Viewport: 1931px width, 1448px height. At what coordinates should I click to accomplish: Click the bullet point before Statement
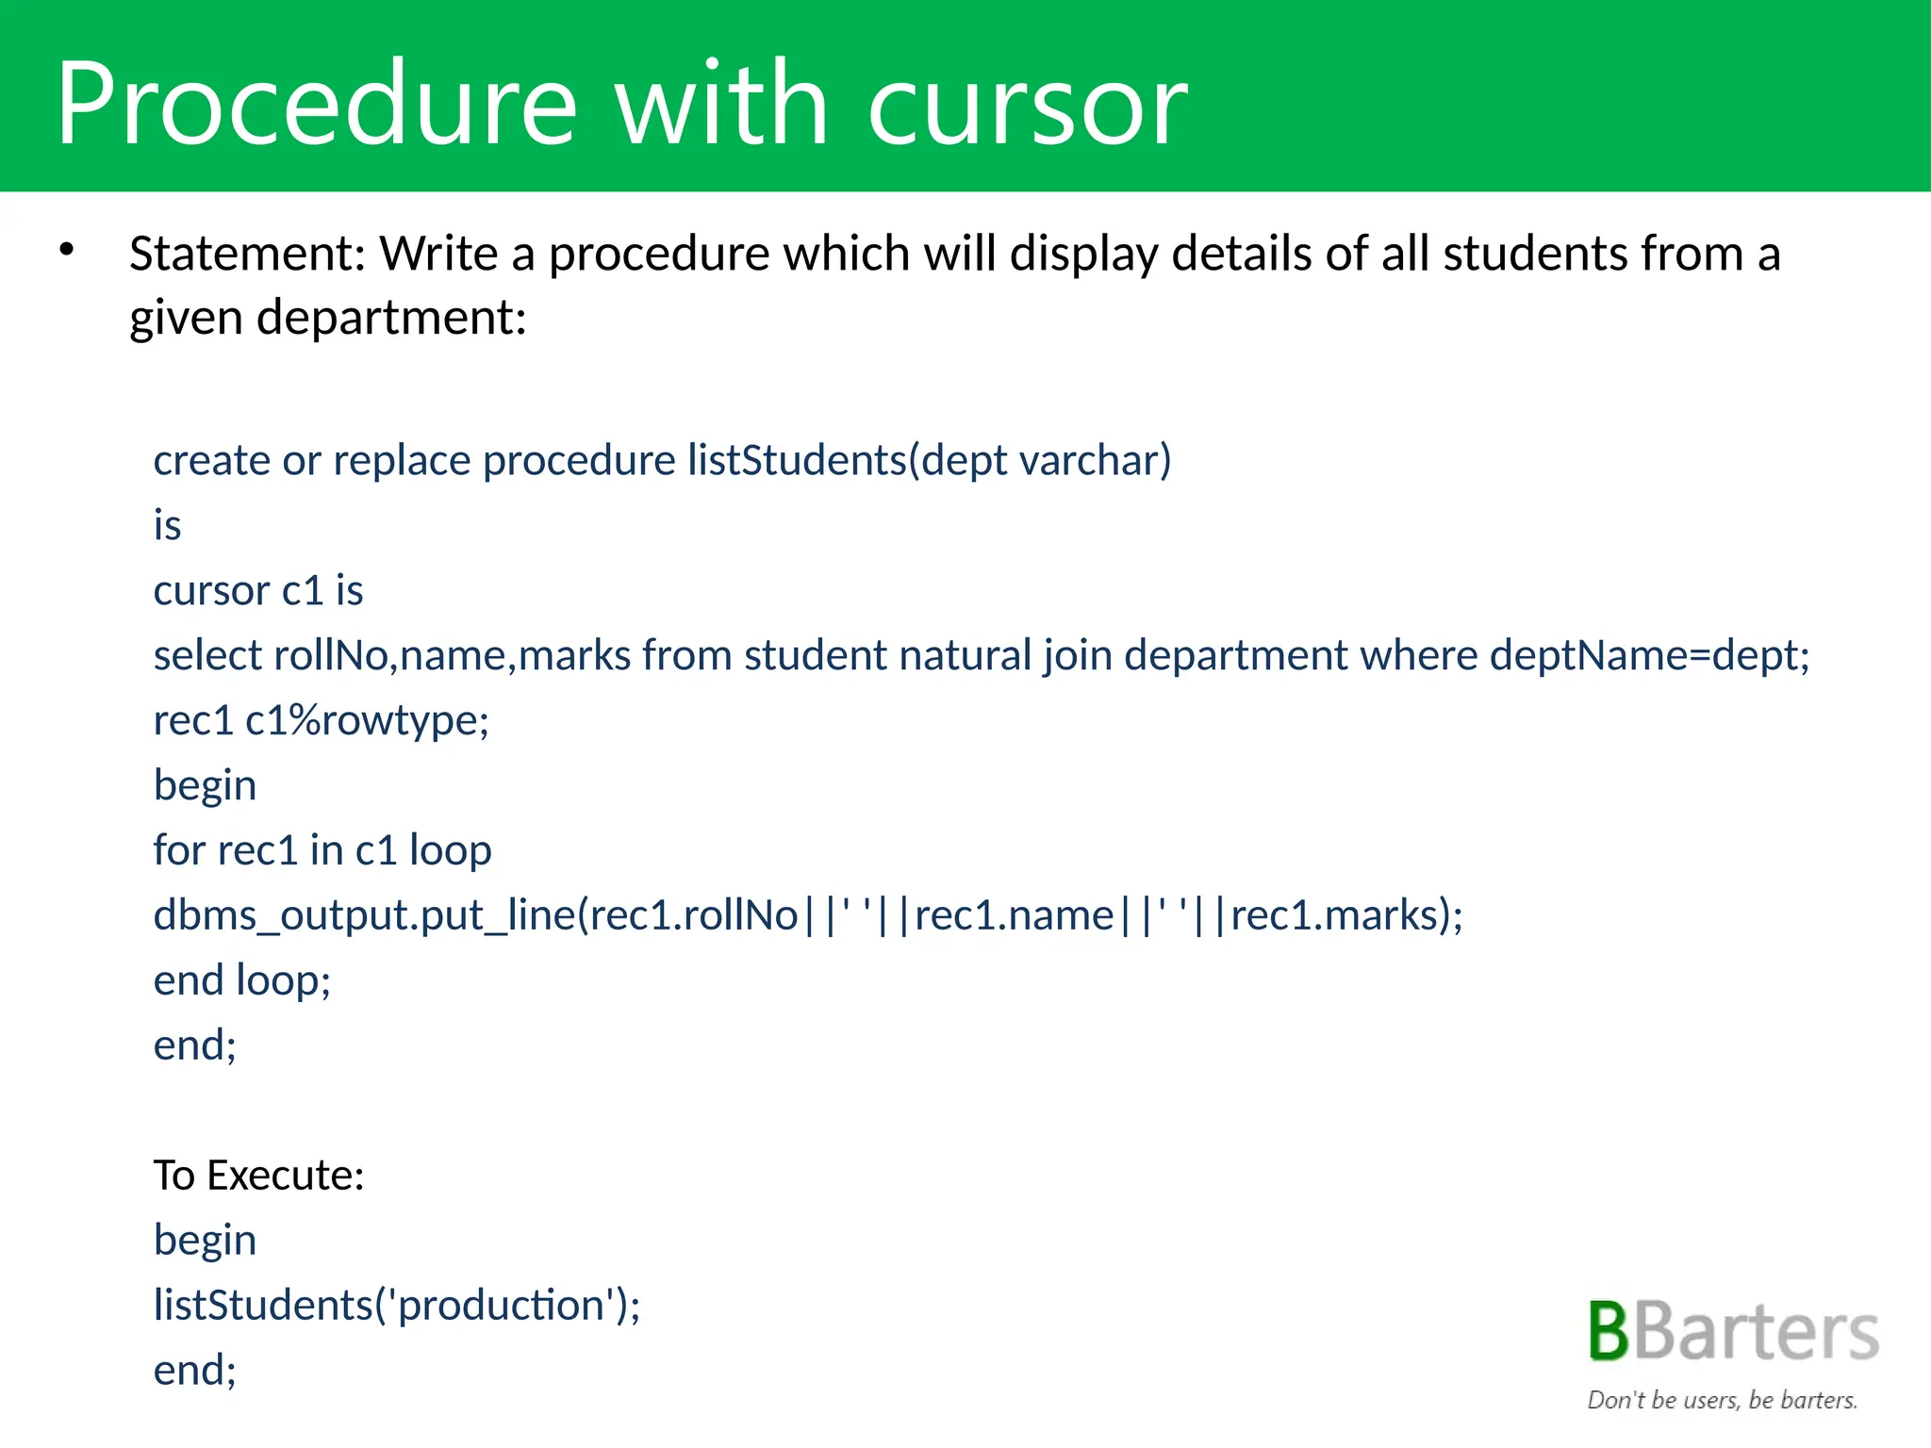tap(66, 251)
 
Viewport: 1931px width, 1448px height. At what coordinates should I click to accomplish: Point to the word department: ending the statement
tap(391, 318)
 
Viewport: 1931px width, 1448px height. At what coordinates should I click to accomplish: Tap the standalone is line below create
tap(167, 525)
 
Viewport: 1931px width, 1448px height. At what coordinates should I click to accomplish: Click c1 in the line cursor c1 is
tap(303, 591)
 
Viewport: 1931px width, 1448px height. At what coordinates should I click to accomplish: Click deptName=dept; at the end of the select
tap(1649, 656)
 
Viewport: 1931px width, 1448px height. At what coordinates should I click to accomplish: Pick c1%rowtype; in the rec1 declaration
tap(367, 721)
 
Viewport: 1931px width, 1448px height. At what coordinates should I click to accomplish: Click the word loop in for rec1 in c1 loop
tap(450, 850)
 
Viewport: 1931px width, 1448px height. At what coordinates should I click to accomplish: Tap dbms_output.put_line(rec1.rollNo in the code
tap(476, 915)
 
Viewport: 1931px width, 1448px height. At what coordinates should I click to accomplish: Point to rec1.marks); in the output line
tap(1346, 915)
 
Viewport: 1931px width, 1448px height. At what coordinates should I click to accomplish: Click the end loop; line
tap(242, 980)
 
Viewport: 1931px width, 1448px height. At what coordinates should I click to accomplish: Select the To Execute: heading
tap(258, 1176)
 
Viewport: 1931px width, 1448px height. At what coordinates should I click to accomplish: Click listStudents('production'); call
tap(397, 1306)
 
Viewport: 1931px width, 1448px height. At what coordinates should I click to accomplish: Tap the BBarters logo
tap(1733, 1332)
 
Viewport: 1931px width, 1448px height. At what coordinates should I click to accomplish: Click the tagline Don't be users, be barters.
tap(1722, 1400)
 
